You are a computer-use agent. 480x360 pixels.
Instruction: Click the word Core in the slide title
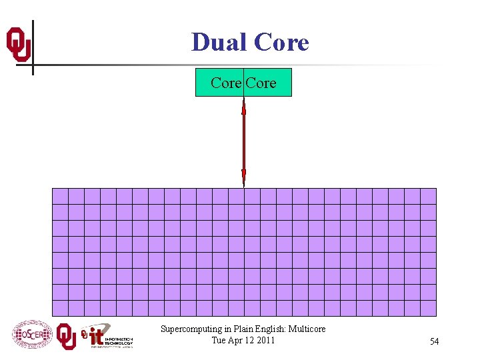tap(281, 42)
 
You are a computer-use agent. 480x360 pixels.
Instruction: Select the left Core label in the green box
tap(226, 83)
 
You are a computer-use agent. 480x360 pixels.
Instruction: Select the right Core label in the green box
tap(261, 83)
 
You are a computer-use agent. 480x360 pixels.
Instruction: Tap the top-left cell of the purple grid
tap(60, 196)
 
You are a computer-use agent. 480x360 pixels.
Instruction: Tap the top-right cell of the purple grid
tap(428, 196)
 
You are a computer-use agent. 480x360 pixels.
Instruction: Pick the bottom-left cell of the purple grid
tap(60, 308)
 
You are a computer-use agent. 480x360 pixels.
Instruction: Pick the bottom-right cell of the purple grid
tap(428, 308)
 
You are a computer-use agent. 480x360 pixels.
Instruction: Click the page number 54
tap(434, 341)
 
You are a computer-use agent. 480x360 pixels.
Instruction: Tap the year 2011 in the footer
tap(264, 340)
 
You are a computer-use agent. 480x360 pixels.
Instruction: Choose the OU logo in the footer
tap(66, 335)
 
